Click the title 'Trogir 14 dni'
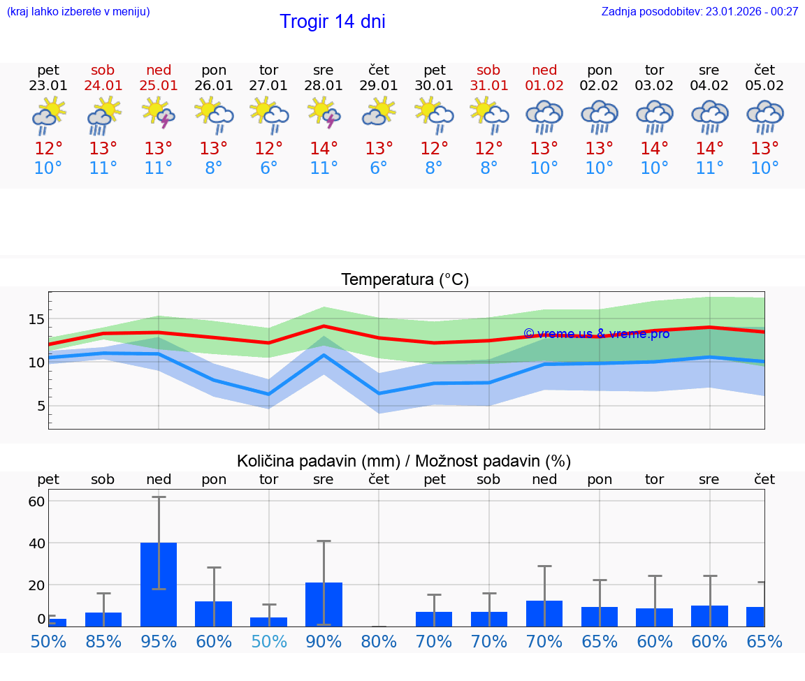click(332, 22)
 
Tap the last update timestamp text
click(699, 11)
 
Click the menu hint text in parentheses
click(78, 11)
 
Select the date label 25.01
click(159, 86)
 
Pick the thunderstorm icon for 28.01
click(324, 113)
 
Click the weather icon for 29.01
click(379, 113)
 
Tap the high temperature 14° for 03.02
click(654, 149)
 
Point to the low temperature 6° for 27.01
click(268, 168)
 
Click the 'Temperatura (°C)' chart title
click(405, 280)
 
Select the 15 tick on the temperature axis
click(36, 319)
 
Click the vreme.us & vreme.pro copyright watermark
click(596, 334)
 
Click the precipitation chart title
click(404, 461)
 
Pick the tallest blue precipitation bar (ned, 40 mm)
click(159, 584)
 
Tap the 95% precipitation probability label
click(159, 641)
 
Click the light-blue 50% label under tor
click(268, 641)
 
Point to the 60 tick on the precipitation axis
click(36, 501)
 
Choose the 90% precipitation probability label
click(324, 641)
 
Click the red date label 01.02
click(544, 86)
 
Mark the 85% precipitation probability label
click(103, 641)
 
